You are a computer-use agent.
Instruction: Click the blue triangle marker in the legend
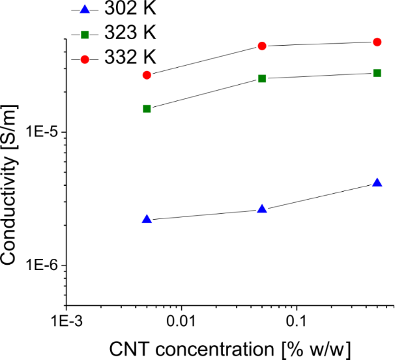click(x=84, y=10)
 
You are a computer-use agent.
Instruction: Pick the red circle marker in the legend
click(x=84, y=59)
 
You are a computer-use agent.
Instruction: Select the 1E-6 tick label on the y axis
click(x=40, y=265)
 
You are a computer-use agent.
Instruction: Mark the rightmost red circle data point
click(x=377, y=42)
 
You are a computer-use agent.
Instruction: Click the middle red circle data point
click(x=262, y=46)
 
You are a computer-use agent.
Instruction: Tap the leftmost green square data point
click(x=147, y=108)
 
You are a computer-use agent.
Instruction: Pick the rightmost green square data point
click(x=377, y=72)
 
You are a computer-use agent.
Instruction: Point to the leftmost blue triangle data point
click(x=147, y=220)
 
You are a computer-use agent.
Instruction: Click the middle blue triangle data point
click(x=262, y=209)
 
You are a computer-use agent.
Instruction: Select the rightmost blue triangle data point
click(x=377, y=183)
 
